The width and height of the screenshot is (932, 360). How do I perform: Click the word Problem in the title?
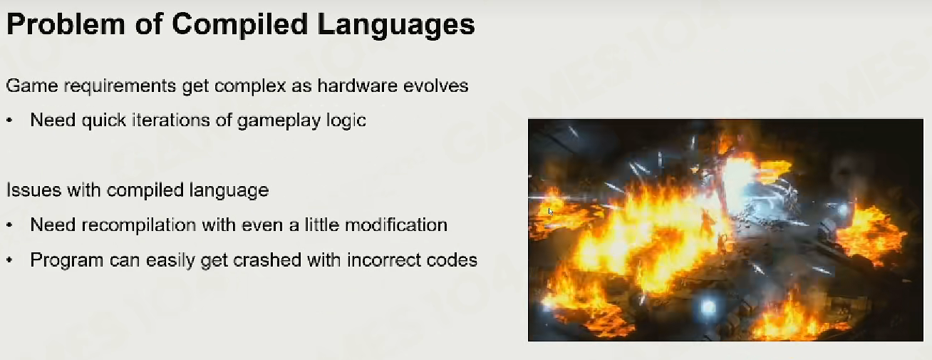tap(66, 24)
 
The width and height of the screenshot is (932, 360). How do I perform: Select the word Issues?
tap(33, 190)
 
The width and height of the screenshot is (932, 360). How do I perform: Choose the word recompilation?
tap(138, 226)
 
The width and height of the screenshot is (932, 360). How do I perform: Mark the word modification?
tap(396, 225)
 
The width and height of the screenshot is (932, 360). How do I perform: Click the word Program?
tap(66, 261)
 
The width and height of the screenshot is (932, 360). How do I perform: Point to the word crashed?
tap(267, 260)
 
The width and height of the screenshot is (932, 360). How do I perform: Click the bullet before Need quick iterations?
tap(9, 120)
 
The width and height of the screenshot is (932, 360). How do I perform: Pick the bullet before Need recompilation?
tap(9, 225)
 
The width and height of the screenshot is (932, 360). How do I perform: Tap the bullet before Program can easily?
tap(9, 260)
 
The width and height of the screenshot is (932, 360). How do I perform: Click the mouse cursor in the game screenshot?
tap(551, 211)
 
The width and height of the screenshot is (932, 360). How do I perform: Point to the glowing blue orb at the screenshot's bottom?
tap(708, 307)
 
